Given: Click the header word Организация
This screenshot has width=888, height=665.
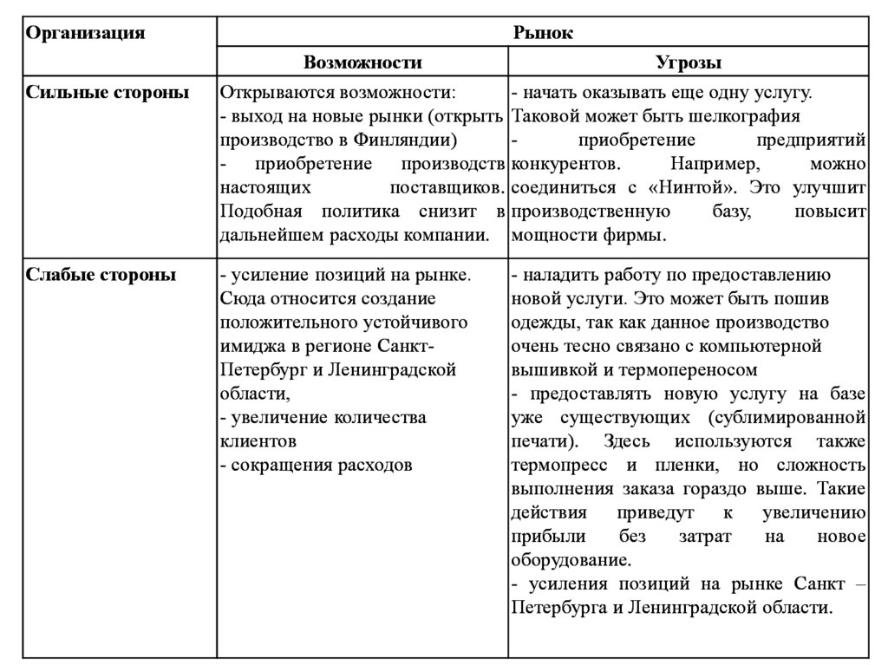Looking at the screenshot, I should click(x=84, y=34).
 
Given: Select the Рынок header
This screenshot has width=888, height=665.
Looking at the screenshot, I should click(x=543, y=34).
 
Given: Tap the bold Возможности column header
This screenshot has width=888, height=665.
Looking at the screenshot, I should click(x=362, y=62).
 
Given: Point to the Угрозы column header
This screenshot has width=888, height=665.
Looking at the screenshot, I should click(x=689, y=62).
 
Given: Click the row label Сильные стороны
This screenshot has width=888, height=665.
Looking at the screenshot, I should click(x=107, y=93).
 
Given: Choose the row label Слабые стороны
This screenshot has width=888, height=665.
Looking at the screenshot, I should click(x=101, y=276).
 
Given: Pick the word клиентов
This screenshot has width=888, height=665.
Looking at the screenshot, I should click(x=253, y=440).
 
